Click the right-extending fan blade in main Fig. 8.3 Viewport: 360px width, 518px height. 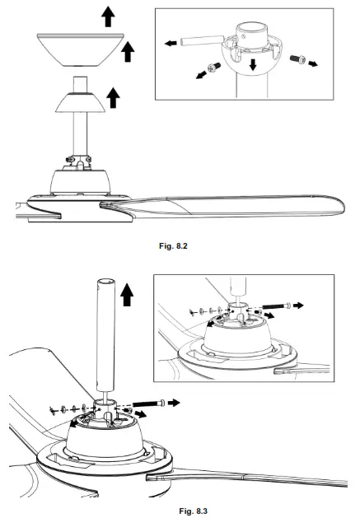click(247, 478)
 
